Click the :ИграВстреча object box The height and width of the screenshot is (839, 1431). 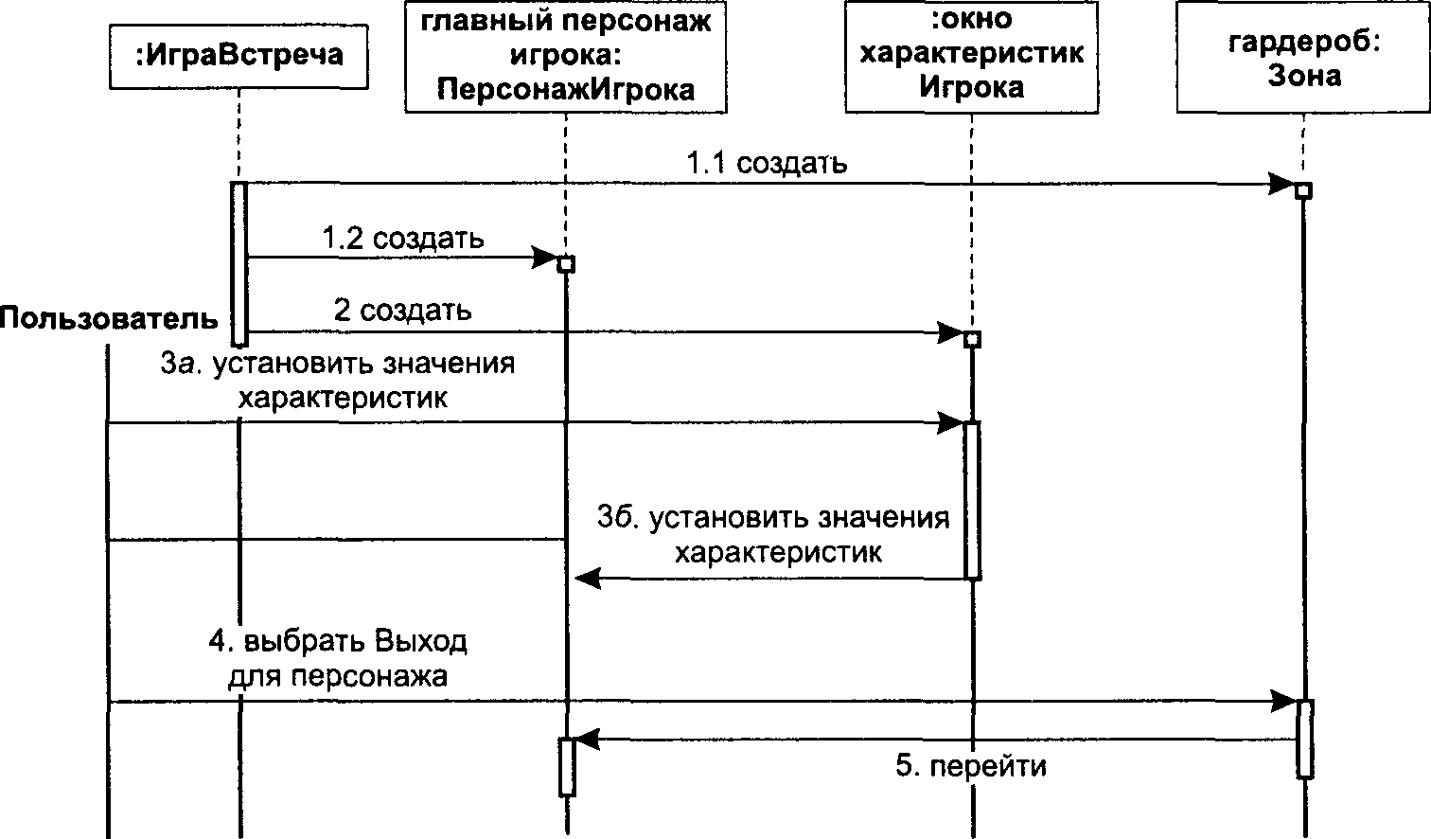pos(238,56)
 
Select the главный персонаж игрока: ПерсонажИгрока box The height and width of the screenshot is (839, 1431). pos(566,56)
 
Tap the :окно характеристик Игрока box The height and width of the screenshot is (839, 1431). pos(972,56)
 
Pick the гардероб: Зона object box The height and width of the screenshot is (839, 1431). pos(1303,56)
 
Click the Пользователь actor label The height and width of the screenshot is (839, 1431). pos(109,317)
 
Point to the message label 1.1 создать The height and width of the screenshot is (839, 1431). pos(767,163)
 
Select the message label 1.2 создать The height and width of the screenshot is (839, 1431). pos(403,239)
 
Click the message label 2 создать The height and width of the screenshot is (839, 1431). pos(402,311)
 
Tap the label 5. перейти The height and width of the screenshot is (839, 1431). pos(971,765)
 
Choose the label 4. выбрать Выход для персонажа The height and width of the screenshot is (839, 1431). pos(338,659)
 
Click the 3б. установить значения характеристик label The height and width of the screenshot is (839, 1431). pos(773,534)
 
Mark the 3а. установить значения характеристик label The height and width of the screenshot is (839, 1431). pos(337,381)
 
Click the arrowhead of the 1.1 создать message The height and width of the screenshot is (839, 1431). pos(1281,184)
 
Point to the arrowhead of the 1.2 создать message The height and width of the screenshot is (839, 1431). pos(545,258)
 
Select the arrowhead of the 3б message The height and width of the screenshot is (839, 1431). pos(588,579)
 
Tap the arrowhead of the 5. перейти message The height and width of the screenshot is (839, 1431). pos(586,740)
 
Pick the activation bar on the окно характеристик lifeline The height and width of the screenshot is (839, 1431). pos(972,500)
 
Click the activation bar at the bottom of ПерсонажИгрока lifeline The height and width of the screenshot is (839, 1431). pos(567,767)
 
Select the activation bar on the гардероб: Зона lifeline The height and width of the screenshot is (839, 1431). pos(1304,739)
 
